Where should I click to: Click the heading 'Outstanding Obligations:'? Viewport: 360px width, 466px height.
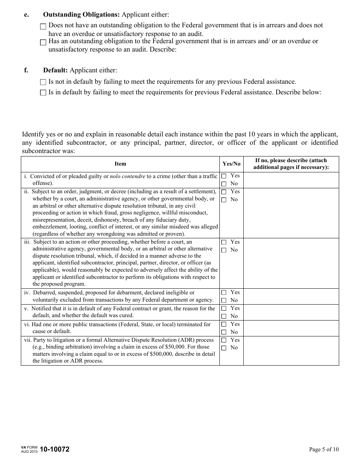[x=81, y=14]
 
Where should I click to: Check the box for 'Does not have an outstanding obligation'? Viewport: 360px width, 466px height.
[x=43, y=27]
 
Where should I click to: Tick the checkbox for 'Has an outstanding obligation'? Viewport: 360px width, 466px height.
[x=43, y=42]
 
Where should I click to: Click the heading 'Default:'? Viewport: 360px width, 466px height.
[x=55, y=70]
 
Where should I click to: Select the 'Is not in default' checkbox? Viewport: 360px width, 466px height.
[x=43, y=82]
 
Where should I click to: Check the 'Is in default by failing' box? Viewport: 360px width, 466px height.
[x=43, y=92]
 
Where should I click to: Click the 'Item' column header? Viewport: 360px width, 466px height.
[x=120, y=164]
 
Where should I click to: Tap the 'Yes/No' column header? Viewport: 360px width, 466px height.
[x=231, y=164]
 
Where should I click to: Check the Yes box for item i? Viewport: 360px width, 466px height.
[x=224, y=176]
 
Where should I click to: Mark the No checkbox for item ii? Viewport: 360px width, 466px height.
[x=224, y=200]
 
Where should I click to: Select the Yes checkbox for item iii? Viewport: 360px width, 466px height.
[x=224, y=242]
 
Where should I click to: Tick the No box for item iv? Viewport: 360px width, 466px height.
[x=224, y=300]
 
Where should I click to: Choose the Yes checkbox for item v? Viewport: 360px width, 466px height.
[x=224, y=308]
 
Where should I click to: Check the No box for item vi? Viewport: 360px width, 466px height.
[x=224, y=332]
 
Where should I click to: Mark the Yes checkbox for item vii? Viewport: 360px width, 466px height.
[x=224, y=340]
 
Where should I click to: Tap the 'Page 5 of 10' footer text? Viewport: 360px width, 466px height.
[x=324, y=449]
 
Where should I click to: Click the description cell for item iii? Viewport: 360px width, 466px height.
[x=291, y=263]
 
